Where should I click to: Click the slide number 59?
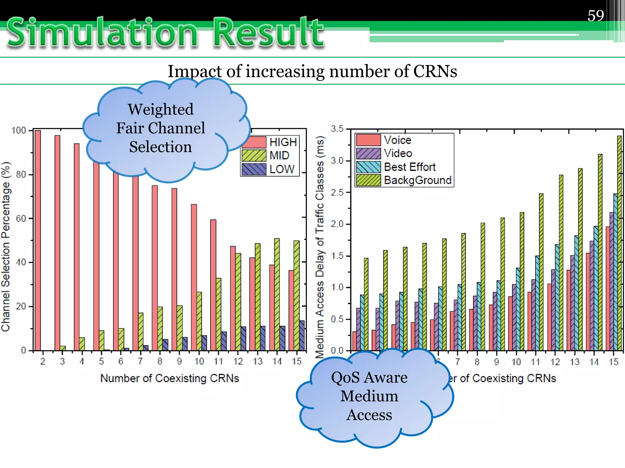[x=595, y=16]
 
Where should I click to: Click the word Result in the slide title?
[x=269, y=33]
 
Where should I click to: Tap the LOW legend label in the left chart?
[x=282, y=169]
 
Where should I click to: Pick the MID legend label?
[x=279, y=156]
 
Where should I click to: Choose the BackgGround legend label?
[x=417, y=180]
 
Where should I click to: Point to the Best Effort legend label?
[x=410, y=167]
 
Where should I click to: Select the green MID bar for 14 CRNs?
[x=277, y=294]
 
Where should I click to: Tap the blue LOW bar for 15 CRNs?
[x=302, y=335]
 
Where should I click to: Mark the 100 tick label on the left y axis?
[x=19, y=130]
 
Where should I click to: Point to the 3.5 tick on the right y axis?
[x=337, y=129]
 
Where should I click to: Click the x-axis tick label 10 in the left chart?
[x=199, y=361]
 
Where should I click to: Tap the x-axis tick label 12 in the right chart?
[x=555, y=362]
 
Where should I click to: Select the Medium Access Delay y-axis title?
[x=320, y=247]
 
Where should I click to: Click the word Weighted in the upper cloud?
[x=161, y=109]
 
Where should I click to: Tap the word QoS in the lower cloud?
[x=345, y=378]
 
